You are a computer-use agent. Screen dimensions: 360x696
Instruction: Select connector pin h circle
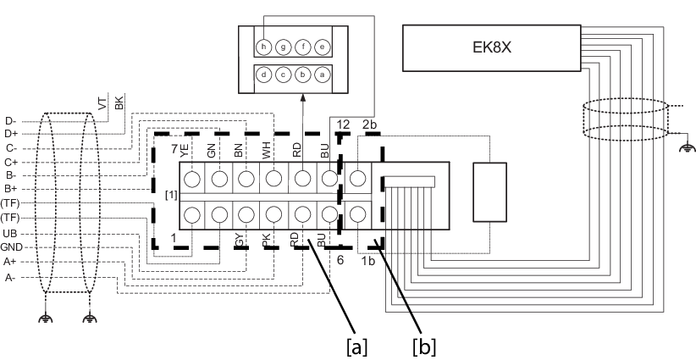click(265, 46)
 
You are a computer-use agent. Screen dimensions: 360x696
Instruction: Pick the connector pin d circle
click(265, 75)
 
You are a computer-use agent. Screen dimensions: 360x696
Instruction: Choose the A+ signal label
click(10, 262)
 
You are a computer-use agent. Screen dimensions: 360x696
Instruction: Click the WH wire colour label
click(267, 152)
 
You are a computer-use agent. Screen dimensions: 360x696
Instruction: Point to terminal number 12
click(343, 125)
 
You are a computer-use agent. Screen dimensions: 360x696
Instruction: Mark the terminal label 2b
click(370, 125)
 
